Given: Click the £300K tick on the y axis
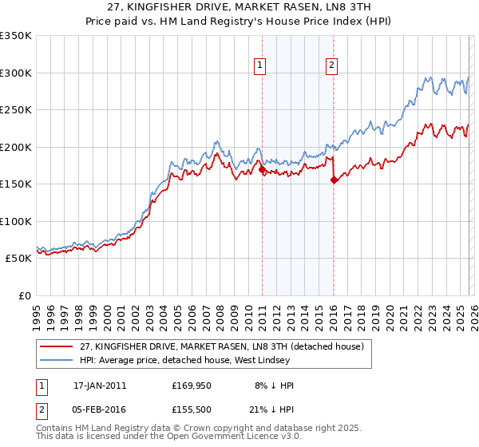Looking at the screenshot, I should tap(16, 73).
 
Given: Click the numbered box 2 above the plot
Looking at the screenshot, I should tap(331, 66).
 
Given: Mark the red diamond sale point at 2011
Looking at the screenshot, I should tap(262, 169).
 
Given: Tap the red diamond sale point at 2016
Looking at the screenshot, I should tap(334, 180).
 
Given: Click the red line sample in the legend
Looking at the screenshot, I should tap(57, 346).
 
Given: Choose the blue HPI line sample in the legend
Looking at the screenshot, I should tap(57, 361).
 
